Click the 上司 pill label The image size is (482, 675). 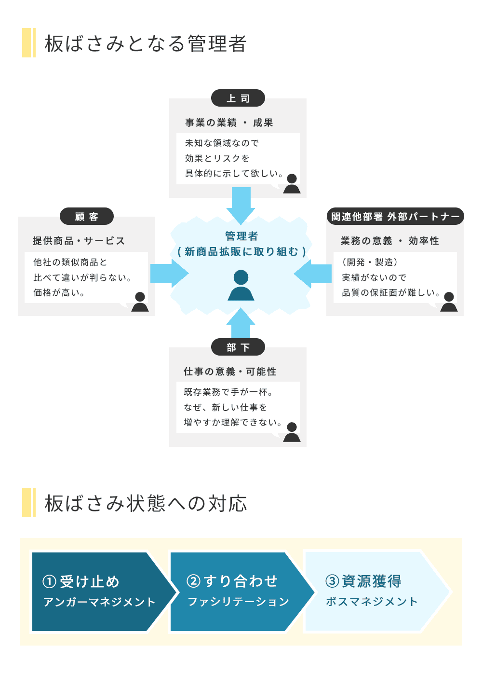pyautogui.click(x=238, y=98)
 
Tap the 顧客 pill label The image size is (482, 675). pyautogui.click(x=87, y=217)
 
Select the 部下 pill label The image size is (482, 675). pyautogui.click(x=238, y=347)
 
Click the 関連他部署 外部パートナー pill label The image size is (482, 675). pyautogui.click(x=395, y=217)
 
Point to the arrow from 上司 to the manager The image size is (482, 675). pyautogui.click(x=241, y=206)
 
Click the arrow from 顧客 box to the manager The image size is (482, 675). pyautogui.click(x=169, y=274)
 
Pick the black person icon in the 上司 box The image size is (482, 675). pyautogui.click(x=292, y=184)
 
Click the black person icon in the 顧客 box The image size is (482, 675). pyautogui.click(x=140, y=302)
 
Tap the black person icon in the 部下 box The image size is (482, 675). pyautogui.click(x=292, y=432)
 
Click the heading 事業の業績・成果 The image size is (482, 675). pyautogui.click(x=229, y=123)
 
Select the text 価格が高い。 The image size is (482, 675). pyautogui.click(x=59, y=292)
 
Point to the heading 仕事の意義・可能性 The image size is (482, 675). pyautogui.click(x=230, y=372)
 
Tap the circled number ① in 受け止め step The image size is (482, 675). pyautogui.click(x=49, y=581)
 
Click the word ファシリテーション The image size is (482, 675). pyautogui.click(x=238, y=602)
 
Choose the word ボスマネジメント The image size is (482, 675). pyautogui.click(x=372, y=602)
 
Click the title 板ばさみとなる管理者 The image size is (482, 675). pyautogui.click(x=146, y=43)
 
